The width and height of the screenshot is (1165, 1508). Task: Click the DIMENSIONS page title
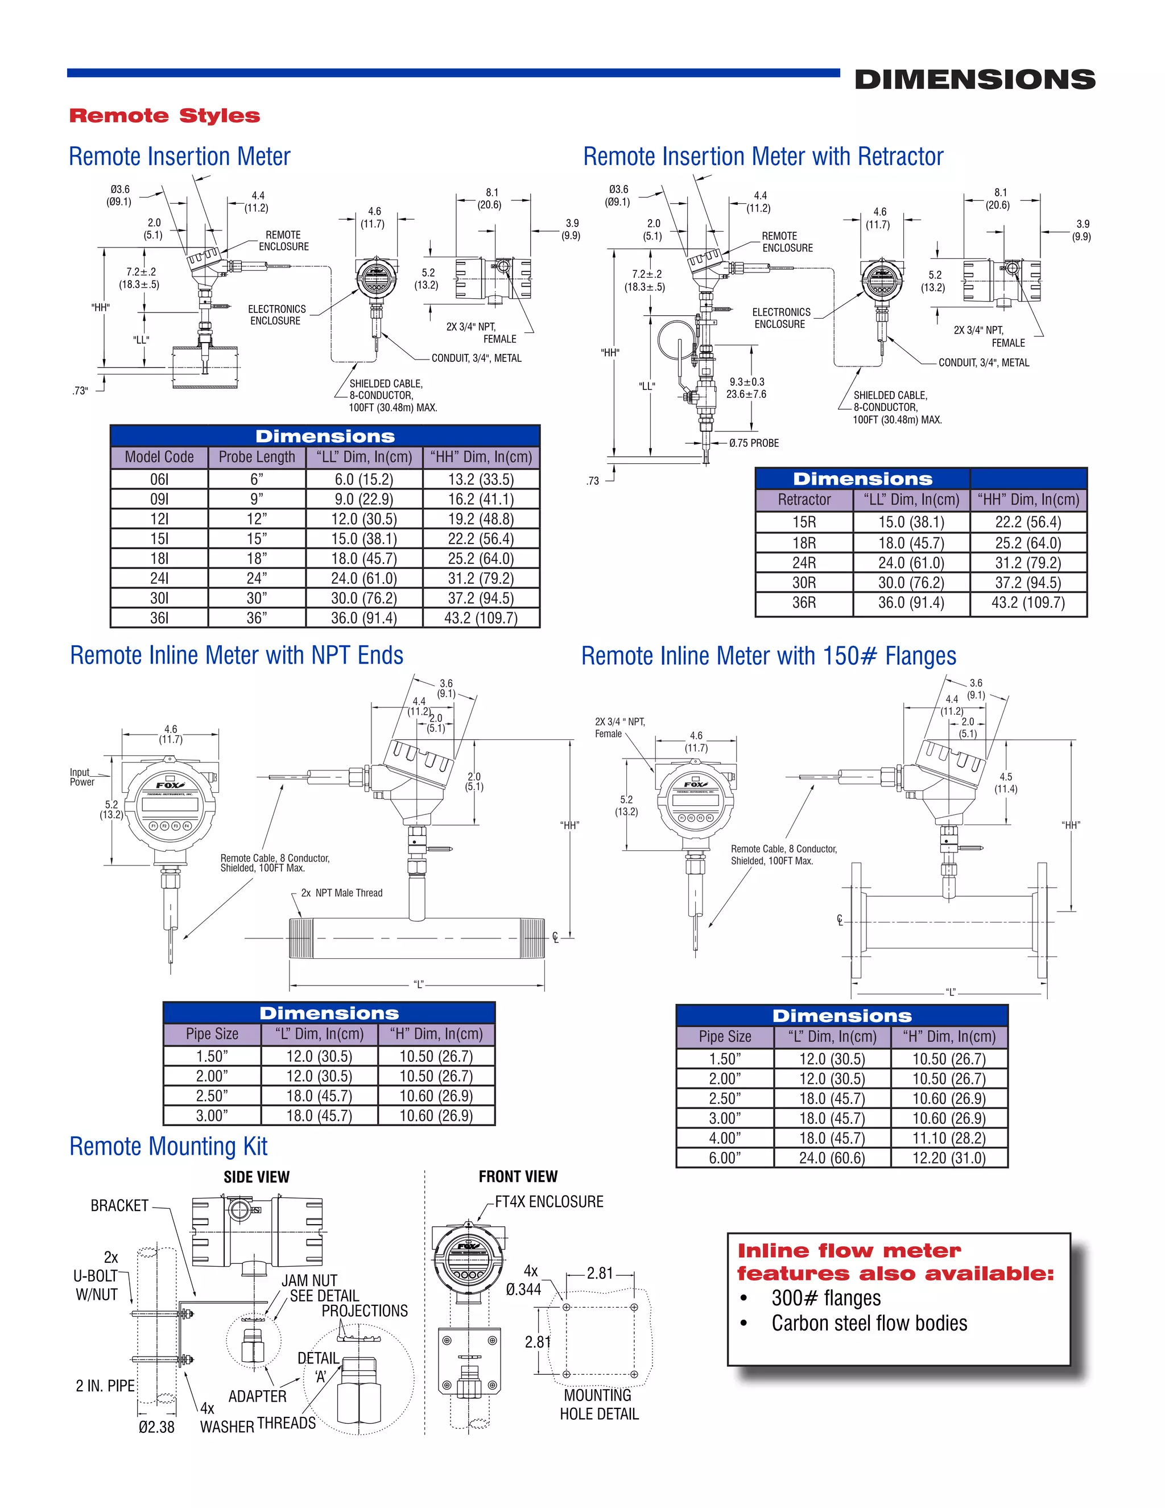(x=974, y=80)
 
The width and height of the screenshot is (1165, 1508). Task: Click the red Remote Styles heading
(x=164, y=116)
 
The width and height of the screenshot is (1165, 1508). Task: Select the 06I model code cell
(x=159, y=479)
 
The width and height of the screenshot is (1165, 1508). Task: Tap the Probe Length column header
(x=256, y=457)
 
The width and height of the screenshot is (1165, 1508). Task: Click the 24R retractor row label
(x=803, y=563)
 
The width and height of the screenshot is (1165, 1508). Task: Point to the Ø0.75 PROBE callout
(x=754, y=443)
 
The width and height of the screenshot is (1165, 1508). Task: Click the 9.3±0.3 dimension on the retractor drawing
(x=747, y=382)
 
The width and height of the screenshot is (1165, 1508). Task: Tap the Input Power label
(x=81, y=777)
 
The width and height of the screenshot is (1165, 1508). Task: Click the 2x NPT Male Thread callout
(x=342, y=893)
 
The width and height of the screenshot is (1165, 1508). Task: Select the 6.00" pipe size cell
(x=724, y=1158)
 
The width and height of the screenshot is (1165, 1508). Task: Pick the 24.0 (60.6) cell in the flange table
(x=832, y=1158)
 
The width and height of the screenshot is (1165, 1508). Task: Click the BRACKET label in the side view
(x=119, y=1206)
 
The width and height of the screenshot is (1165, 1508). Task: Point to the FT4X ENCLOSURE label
(x=549, y=1201)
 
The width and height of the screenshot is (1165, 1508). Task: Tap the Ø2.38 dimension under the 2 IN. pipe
(x=156, y=1427)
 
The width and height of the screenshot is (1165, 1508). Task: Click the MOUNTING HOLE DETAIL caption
(x=598, y=1404)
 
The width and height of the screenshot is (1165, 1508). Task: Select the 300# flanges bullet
(x=825, y=1298)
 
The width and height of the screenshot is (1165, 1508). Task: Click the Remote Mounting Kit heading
(x=168, y=1146)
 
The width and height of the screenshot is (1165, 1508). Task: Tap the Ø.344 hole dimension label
(x=524, y=1289)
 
